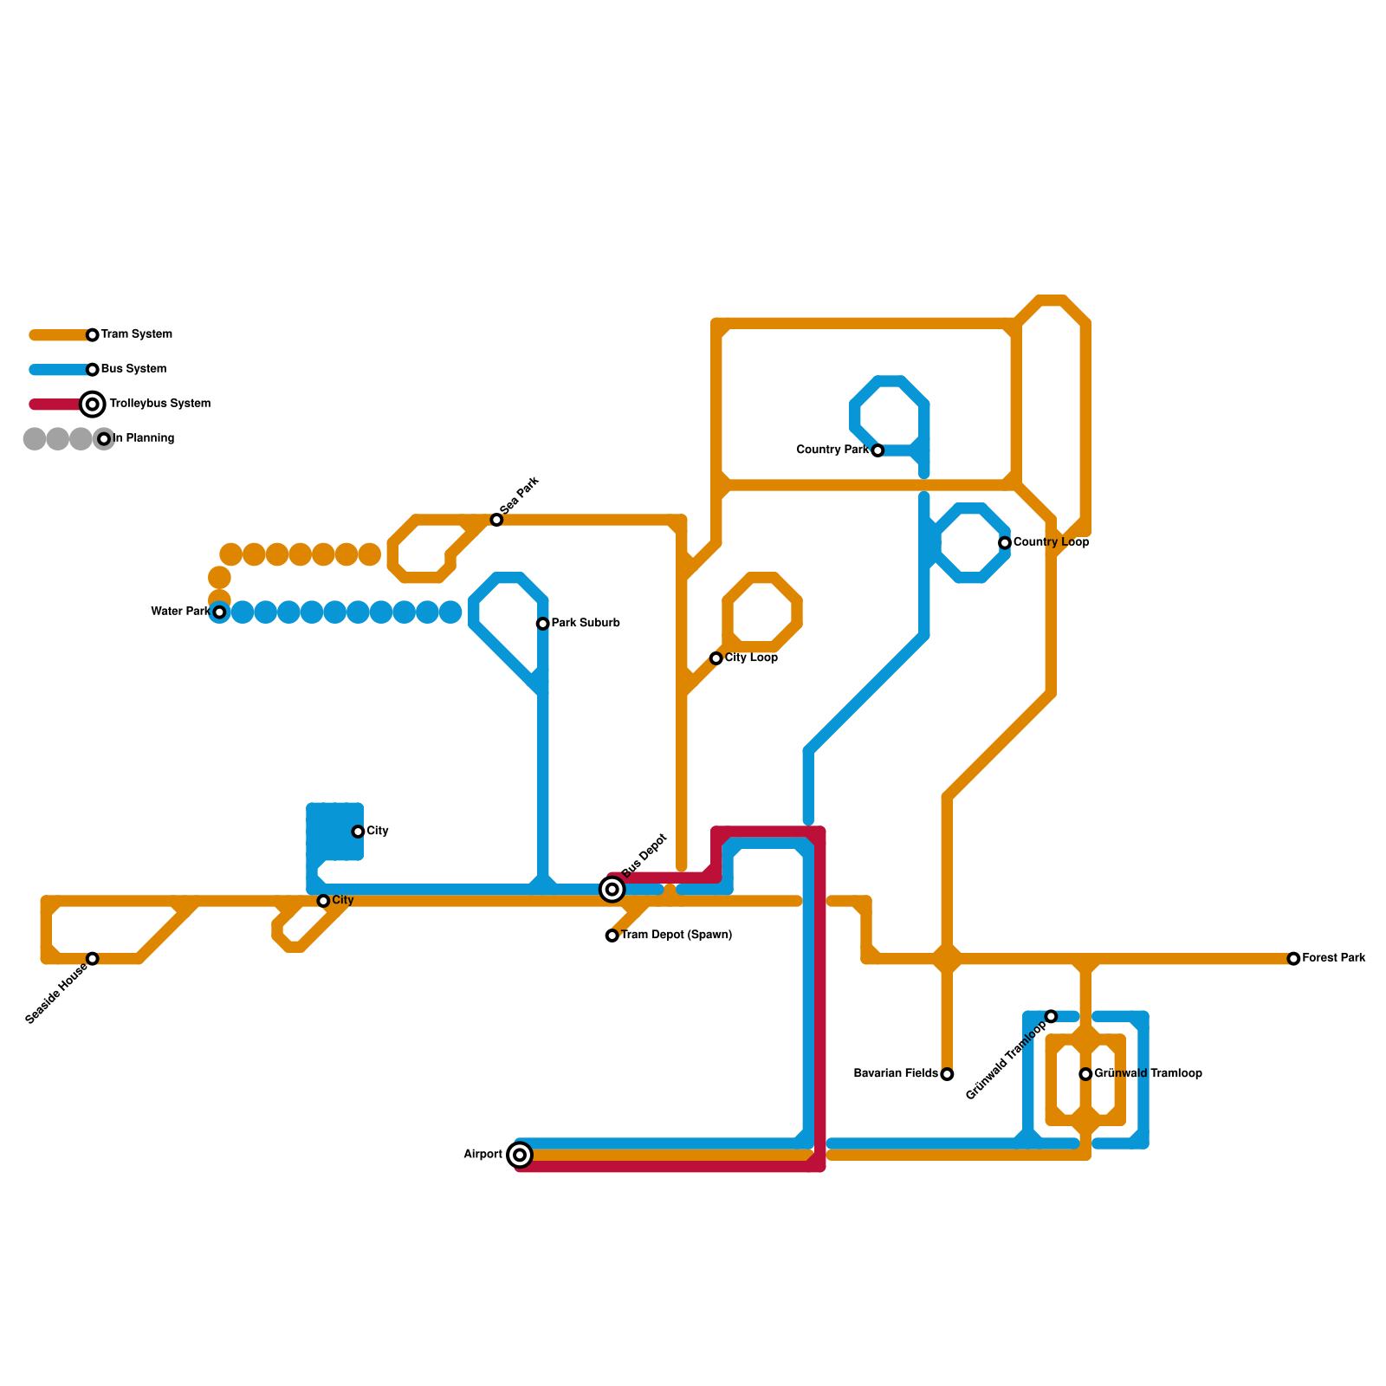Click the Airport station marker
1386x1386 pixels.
(x=520, y=1155)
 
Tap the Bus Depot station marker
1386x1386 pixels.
(x=612, y=889)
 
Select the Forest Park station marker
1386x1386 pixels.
(x=1293, y=959)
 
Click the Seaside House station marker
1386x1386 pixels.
(x=93, y=959)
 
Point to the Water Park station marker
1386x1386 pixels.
(x=220, y=612)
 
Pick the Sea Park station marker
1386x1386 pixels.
(x=496, y=520)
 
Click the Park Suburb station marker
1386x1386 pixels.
(x=542, y=624)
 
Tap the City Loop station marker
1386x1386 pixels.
(x=716, y=658)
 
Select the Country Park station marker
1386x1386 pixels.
(x=878, y=450)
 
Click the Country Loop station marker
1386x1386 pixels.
(x=1005, y=543)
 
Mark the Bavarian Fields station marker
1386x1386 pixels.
(x=947, y=1074)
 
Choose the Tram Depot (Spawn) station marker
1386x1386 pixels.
(x=612, y=936)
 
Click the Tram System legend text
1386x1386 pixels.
(x=137, y=334)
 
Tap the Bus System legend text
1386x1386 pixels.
(x=133, y=369)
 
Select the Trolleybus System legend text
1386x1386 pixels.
(x=159, y=404)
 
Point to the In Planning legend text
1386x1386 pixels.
(x=144, y=438)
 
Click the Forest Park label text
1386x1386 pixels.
(x=1334, y=958)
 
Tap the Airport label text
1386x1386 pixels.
(x=483, y=1155)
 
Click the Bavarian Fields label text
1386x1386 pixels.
(x=896, y=1074)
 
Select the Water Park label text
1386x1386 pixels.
(x=180, y=612)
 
